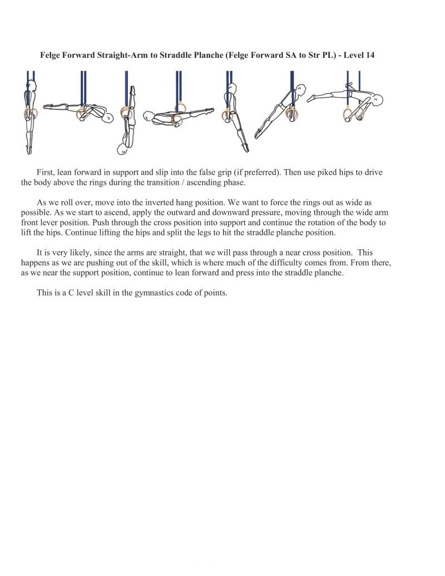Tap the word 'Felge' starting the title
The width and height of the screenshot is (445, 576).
coord(51,56)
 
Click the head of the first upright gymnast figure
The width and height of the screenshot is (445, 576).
coord(32,86)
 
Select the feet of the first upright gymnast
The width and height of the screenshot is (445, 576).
coord(28,150)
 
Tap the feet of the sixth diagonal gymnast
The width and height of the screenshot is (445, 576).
coord(258,135)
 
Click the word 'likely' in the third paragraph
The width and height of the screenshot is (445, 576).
coord(79,253)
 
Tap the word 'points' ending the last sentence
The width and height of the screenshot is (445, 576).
coord(216,293)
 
